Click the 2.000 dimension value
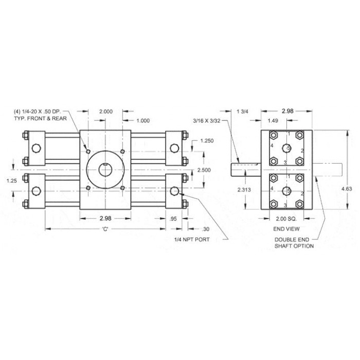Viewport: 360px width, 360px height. coord(105,112)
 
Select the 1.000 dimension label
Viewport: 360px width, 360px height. coord(143,121)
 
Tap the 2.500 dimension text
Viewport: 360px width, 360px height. coord(204,170)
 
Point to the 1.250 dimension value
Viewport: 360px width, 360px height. coord(207,141)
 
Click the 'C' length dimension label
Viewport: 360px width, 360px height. coord(105,229)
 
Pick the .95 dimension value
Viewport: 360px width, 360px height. coord(173,219)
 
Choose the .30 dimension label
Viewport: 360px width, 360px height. coord(206,229)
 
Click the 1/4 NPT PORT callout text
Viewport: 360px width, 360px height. coord(192,240)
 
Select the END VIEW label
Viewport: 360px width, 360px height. coord(286,229)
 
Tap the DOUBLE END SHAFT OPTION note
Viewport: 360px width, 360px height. coord(294,243)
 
